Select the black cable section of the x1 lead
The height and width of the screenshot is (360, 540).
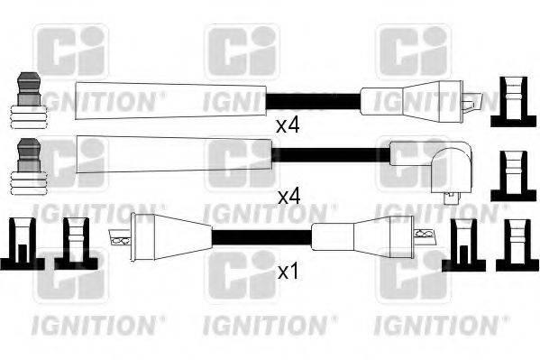tap(261, 240)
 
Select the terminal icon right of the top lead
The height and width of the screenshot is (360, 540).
tap(509, 102)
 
